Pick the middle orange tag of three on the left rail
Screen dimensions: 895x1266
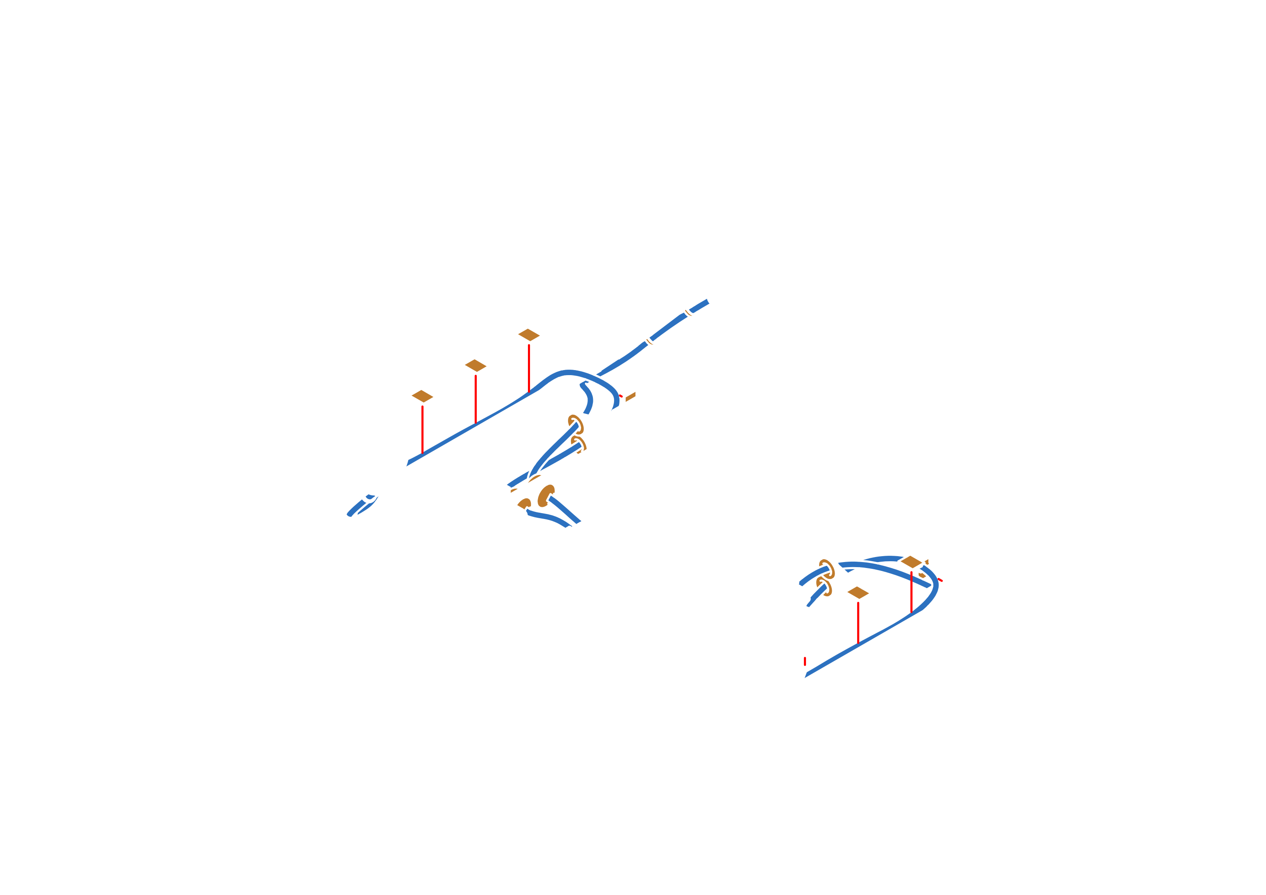click(x=475, y=365)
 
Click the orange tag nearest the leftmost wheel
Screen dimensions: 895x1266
click(x=422, y=395)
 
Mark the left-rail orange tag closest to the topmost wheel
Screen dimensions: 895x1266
click(x=528, y=334)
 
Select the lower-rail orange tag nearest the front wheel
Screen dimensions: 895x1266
click(x=858, y=593)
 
